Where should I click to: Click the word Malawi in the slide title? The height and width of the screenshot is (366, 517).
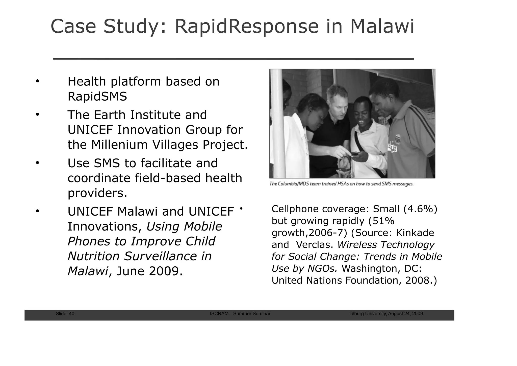point(382,27)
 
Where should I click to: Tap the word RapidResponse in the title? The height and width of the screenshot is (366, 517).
point(247,27)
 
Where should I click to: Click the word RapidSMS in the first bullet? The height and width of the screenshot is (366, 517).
point(97,96)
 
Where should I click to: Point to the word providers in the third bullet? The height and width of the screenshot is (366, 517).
point(97,193)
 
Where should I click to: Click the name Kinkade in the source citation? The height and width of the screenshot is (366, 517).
point(415,233)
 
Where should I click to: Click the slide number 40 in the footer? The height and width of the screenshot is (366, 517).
point(71,314)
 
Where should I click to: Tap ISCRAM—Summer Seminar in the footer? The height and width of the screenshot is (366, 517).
point(240,314)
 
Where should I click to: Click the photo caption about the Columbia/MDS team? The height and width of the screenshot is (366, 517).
point(341,184)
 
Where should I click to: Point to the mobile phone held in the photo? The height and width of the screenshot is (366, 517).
point(355,153)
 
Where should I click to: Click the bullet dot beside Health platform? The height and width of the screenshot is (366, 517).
point(37,81)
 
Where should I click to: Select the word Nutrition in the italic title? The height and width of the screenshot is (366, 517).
point(93,256)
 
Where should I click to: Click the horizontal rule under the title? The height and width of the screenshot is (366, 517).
point(233,59)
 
